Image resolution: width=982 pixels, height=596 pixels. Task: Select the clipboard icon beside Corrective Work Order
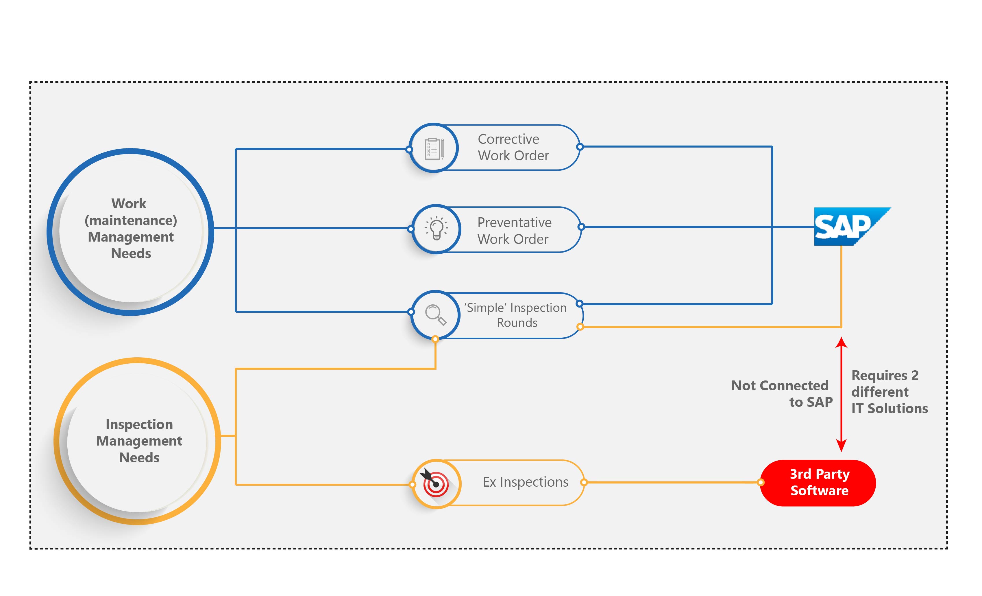point(434,148)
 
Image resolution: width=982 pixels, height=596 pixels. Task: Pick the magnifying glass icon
point(435,314)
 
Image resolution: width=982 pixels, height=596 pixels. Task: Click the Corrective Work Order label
point(513,147)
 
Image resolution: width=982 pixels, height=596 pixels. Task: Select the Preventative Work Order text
point(514,231)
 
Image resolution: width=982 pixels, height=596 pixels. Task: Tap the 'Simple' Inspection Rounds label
point(516,315)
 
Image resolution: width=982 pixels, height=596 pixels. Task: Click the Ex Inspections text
point(525,482)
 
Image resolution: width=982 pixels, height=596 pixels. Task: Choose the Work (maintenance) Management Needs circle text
point(130,229)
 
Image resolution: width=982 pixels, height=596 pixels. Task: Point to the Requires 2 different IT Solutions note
point(889,392)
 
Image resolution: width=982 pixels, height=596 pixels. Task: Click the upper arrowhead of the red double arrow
point(841,342)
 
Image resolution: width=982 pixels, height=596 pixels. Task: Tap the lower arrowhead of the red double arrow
point(841,446)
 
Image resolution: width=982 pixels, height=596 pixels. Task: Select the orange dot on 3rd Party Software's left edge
point(761,482)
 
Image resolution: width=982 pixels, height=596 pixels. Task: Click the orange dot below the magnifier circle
point(435,339)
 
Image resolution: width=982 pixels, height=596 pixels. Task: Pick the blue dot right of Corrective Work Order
point(580,147)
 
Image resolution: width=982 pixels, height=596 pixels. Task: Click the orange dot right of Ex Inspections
point(584,482)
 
